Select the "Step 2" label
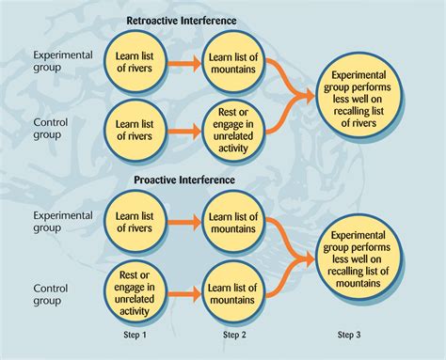pos(235,336)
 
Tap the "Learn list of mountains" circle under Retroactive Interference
pos(235,63)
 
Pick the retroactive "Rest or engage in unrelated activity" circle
pos(235,128)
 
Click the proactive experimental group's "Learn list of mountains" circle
pos(235,221)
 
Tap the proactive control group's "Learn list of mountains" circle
pos(235,287)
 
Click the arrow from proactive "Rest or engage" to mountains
pos(184,287)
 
